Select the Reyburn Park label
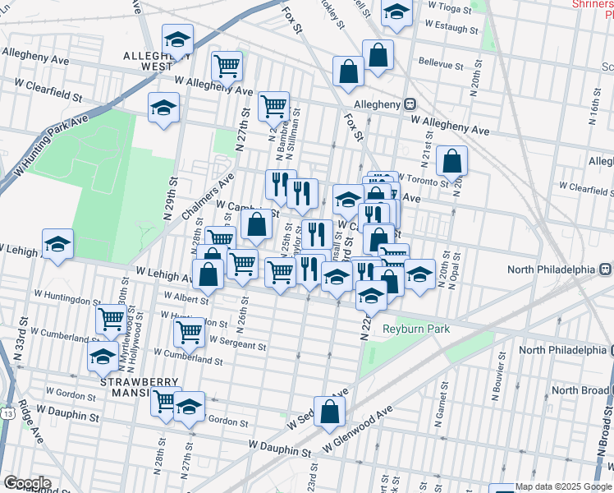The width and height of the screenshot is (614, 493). click(x=416, y=329)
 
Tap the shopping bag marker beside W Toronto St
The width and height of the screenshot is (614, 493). click(x=451, y=162)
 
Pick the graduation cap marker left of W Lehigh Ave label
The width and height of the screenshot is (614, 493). click(x=57, y=244)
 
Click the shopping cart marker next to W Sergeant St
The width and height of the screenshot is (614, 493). click(x=189, y=332)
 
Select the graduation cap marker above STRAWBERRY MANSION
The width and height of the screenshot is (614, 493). click(x=103, y=357)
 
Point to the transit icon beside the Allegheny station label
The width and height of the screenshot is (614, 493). click(x=409, y=104)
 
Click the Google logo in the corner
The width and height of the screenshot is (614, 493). click(x=27, y=483)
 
